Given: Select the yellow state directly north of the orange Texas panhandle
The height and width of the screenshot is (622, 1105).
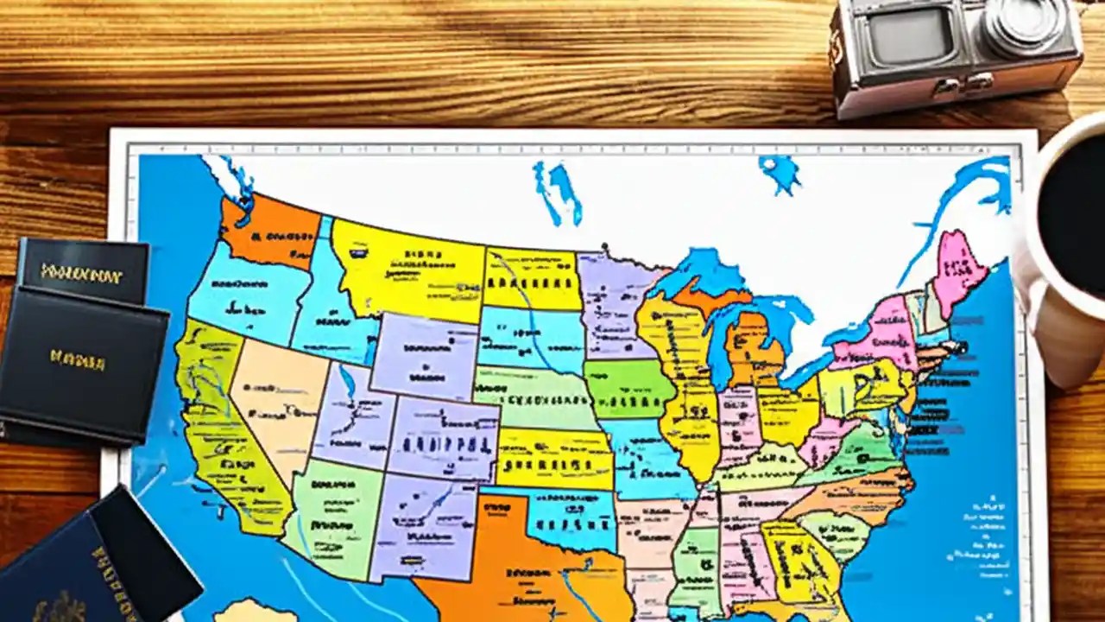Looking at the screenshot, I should point(552,458).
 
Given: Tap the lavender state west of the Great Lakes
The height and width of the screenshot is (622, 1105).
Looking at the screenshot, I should point(615,302).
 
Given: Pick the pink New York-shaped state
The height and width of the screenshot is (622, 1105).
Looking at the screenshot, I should point(876,333).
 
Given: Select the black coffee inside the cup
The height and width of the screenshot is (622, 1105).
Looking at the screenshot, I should point(1075,216).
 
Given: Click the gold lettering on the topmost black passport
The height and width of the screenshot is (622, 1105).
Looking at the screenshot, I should point(82,275).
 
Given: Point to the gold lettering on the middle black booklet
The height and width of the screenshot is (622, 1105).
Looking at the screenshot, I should point(77,359).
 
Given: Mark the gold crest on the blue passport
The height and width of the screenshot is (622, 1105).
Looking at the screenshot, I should point(60,605).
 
